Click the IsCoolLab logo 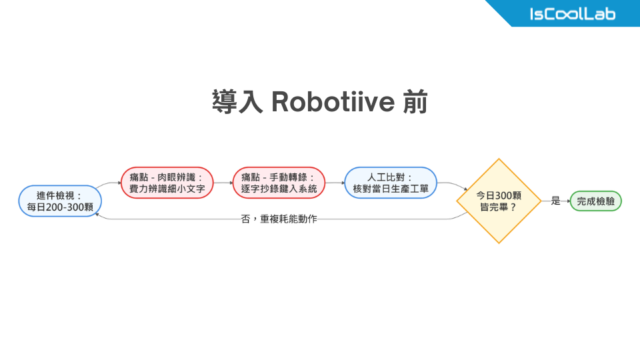[572, 14]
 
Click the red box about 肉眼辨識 [167, 183]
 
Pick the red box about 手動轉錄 [279, 183]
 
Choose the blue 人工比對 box [391, 183]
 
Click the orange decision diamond [499, 201]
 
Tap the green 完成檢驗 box [595, 201]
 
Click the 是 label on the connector [555, 201]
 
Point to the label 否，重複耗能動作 [279, 219]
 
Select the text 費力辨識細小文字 [167, 189]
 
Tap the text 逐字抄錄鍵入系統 [279, 189]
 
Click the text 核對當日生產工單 [391, 189]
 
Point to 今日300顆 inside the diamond [499, 195]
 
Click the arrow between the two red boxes [223, 183]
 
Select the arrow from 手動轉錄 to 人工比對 [335, 183]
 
